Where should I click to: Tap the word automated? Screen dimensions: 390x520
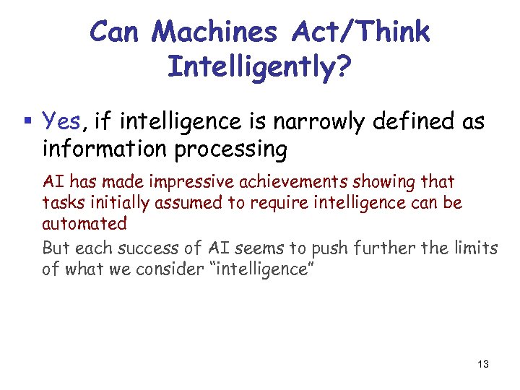click(84, 223)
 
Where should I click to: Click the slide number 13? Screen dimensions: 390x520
click(482, 364)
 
